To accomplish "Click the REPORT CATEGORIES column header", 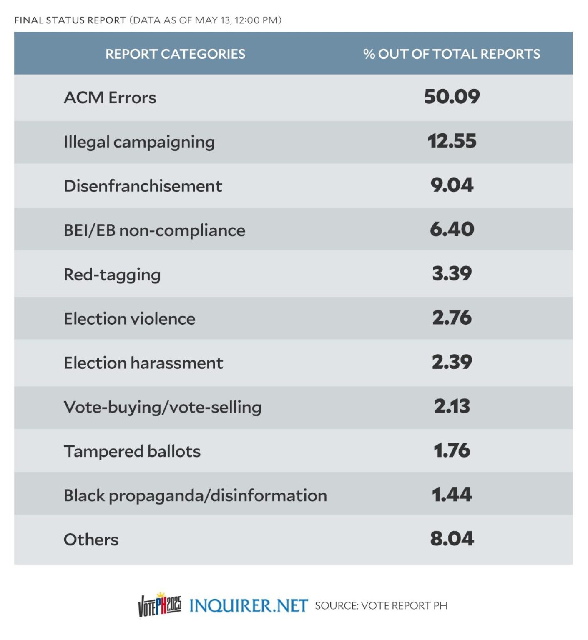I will click(175, 54).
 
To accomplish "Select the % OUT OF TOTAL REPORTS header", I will click(451, 54).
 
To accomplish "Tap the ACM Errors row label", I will click(110, 98).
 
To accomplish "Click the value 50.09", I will click(452, 97).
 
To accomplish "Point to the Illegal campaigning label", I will click(139, 142).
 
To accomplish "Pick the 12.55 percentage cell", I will click(452, 141).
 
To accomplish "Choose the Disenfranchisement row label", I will click(143, 186).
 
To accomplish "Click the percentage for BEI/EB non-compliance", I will click(452, 230).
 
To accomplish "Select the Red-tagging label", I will click(112, 275).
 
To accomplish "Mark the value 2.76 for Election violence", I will click(452, 318).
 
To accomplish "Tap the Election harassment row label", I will click(143, 363).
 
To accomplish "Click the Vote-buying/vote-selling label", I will click(162, 407).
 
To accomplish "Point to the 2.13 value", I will click(452, 406).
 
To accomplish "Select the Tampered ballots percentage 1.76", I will click(452, 450).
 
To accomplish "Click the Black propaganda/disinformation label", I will click(195, 495).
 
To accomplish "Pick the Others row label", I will click(91, 540).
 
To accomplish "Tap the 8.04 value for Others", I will click(452, 539).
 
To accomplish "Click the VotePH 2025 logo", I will click(160, 605).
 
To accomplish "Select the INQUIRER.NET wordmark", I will click(249, 605).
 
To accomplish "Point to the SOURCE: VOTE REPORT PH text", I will click(381, 606).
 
